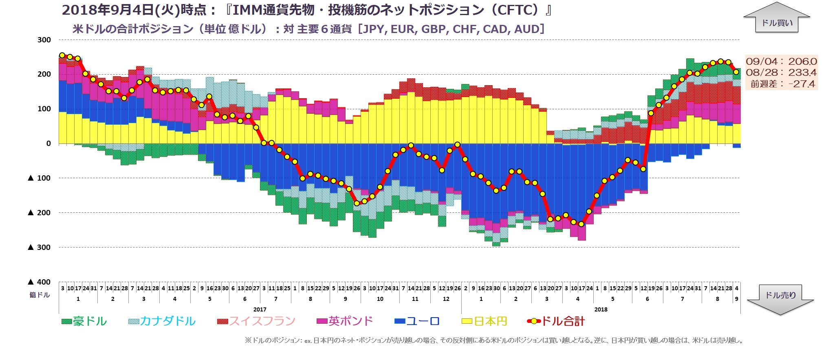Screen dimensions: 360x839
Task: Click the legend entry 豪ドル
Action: click(x=84, y=321)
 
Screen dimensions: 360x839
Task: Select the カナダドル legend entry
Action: click(x=162, y=321)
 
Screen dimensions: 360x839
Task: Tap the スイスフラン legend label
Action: click(x=256, y=321)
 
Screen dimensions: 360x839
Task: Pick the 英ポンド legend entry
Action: click(x=345, y=321)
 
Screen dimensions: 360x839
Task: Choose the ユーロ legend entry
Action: click(x=417, y=321)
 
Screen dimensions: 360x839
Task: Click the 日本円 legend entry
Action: click(x=485, y=321)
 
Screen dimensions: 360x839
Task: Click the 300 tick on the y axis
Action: click(x=44, y=40)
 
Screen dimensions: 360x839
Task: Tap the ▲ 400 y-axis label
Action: click(x=39, y=282)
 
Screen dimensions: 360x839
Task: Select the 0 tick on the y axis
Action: click(x=48, y=144)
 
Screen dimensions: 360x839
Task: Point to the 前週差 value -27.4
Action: click(x=801, y=84)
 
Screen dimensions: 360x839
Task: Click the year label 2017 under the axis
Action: click(x=260, y=309)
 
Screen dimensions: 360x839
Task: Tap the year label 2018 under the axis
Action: click(x=601, y=309)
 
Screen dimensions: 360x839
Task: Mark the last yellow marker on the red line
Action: click(x=736, y=72)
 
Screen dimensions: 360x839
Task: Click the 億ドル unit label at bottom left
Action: click(x=39, y=295)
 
